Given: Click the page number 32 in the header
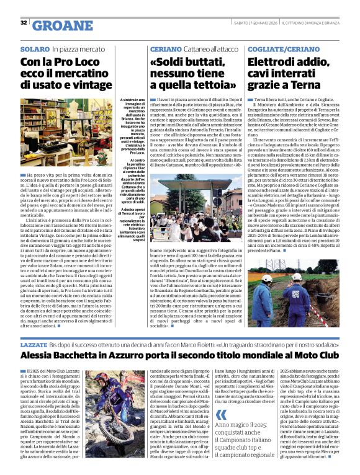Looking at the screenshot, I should (x=24, y=23).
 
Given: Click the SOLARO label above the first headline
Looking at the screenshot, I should (x=34, y=48).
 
